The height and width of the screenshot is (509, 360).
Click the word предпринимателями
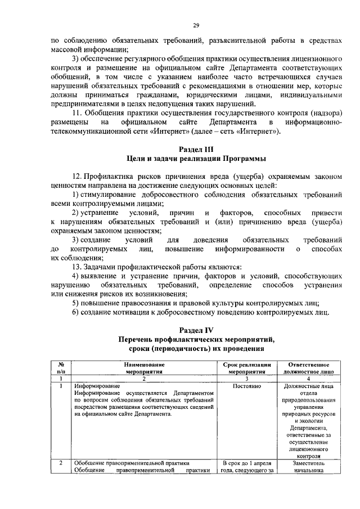click(84, 104)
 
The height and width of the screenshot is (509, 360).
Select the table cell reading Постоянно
click(247, 386)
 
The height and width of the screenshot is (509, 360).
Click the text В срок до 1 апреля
click(247, 463)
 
